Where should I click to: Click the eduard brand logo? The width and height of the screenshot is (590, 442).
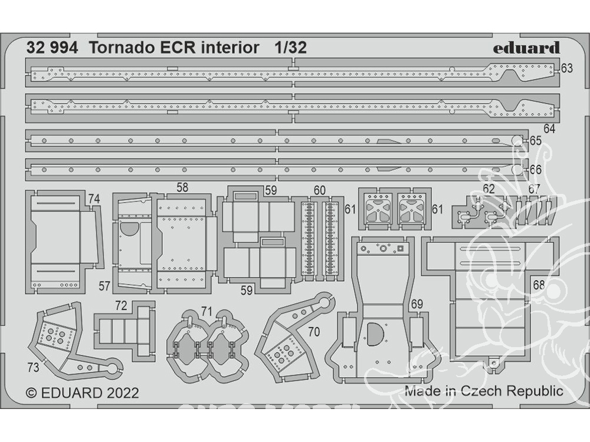click(x=526, y=48)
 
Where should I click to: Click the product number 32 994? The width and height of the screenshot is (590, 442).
click(x=53, y=48)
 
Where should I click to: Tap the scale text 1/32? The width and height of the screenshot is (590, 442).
click(x=290, y=48)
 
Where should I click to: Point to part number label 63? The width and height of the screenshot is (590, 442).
click(x=566, y=68)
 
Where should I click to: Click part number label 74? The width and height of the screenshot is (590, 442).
click(x=94, y=199)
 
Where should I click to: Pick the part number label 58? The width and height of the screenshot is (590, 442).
click(x=182, y=187)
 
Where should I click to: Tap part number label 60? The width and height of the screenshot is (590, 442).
click(x=319, y=190)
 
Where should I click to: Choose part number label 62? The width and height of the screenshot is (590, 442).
click(x=489, y=189)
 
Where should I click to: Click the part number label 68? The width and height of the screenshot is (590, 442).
click(x=539, y=285)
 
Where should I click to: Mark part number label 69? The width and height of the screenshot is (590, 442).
click(x=417, y=304)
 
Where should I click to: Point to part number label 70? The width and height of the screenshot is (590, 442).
click(x=314, y=331)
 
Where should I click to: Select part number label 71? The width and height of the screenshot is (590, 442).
click(x=206, y=311)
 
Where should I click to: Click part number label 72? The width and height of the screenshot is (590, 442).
click(x=121, y=306)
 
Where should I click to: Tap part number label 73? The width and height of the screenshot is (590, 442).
click(x=33, y=367)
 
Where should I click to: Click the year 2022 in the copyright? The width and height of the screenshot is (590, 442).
click(x=123, y=392)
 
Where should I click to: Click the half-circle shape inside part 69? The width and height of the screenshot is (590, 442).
click(x=375, y=334)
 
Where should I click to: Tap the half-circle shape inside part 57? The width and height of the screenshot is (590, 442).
click(x=129, y=229)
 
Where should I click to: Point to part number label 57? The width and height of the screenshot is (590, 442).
click(x=104, y=286)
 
